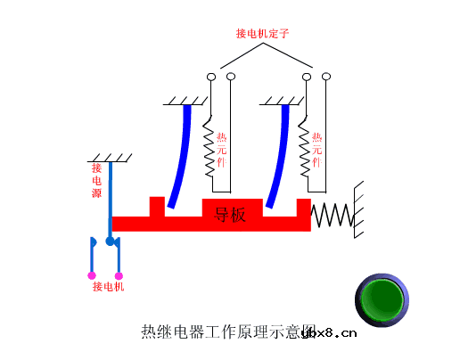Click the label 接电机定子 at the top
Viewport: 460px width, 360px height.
pyautogui.click(x=263, y=34)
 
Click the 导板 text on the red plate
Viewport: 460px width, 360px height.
pyautogui.click(x=230, y=215)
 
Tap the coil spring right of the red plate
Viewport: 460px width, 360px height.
pyautogui.click(x=331, y=215)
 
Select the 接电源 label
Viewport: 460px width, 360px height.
pyautogui.click(x=96, y=181)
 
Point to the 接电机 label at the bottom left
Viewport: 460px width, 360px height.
pyautogui.click(x=109, y=287)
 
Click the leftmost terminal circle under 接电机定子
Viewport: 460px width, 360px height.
pyautogui.click(x=211, y=78)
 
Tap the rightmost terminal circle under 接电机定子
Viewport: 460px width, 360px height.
pyautogui.click(x=326, y=78)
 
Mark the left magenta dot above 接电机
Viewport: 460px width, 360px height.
pyautogui.click(x=92, y=275)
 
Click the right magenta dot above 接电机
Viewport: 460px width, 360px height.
pyautogui.click(x=119, y=275)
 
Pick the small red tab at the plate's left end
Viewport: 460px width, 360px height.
pyautogui.click(x=157, y=206)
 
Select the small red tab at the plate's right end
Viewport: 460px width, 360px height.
pyautogui.click(x=302, y=206)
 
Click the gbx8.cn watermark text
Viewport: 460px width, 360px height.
pyautogui.click(x=330, y=333)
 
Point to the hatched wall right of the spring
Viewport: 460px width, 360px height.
pyautogui.click(x=358, y=210)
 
